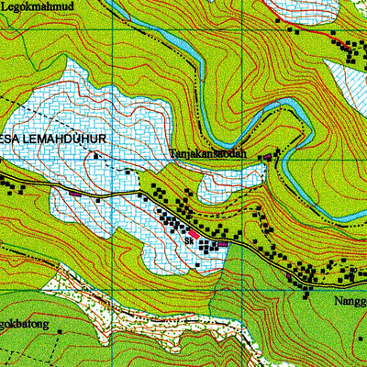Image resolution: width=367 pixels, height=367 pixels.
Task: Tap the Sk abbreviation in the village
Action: tap(189, 241)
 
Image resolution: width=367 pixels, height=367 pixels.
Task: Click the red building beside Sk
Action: tap(195, 235)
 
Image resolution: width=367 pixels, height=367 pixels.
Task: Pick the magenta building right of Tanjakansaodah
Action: tap(267, 157)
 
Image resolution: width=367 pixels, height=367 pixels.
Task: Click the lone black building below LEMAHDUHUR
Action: tap(127, 171)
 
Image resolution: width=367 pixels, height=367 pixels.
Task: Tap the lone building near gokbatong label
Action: tap(60, 329)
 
